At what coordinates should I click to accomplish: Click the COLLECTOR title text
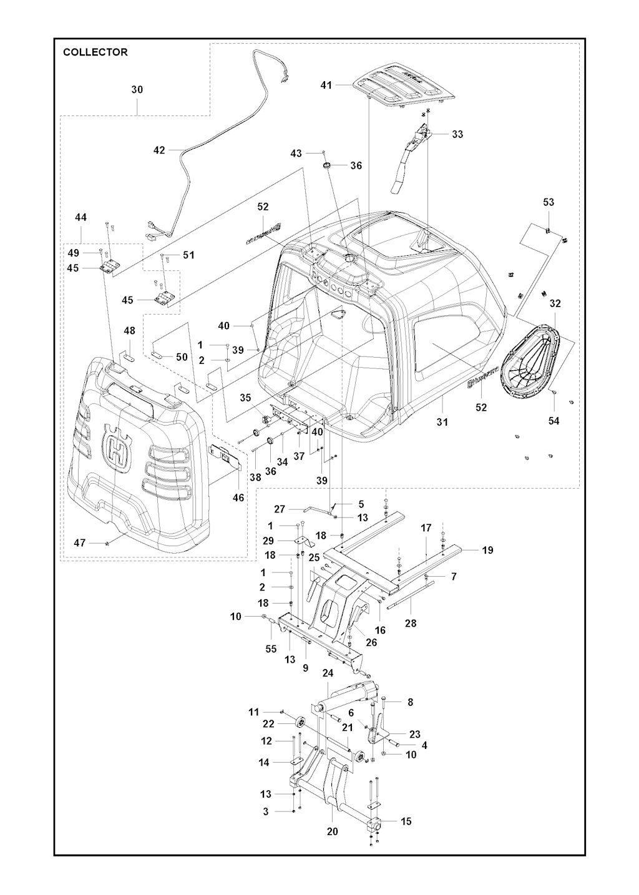click(95, 52)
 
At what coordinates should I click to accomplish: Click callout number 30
click(137, 90)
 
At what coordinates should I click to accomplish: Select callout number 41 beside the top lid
click(326, 85)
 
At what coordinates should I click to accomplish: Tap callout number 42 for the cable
click(159, 150)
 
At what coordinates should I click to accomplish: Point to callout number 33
click(457, 134)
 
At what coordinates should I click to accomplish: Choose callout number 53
click(549, 202)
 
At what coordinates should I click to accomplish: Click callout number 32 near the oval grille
click(555, 304)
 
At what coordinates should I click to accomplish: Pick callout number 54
click(554, 421)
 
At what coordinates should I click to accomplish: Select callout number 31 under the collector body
click(442, 423)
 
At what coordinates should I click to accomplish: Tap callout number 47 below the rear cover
click(80, 544)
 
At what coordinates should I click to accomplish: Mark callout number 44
click(80, 218)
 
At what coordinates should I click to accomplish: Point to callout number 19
click(487, 550)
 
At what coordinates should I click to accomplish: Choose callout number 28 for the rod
click(411, 623)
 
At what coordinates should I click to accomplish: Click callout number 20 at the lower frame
click(332, 831)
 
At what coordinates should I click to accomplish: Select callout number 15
click(406, 821)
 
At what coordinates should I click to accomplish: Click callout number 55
click(270, 649)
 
